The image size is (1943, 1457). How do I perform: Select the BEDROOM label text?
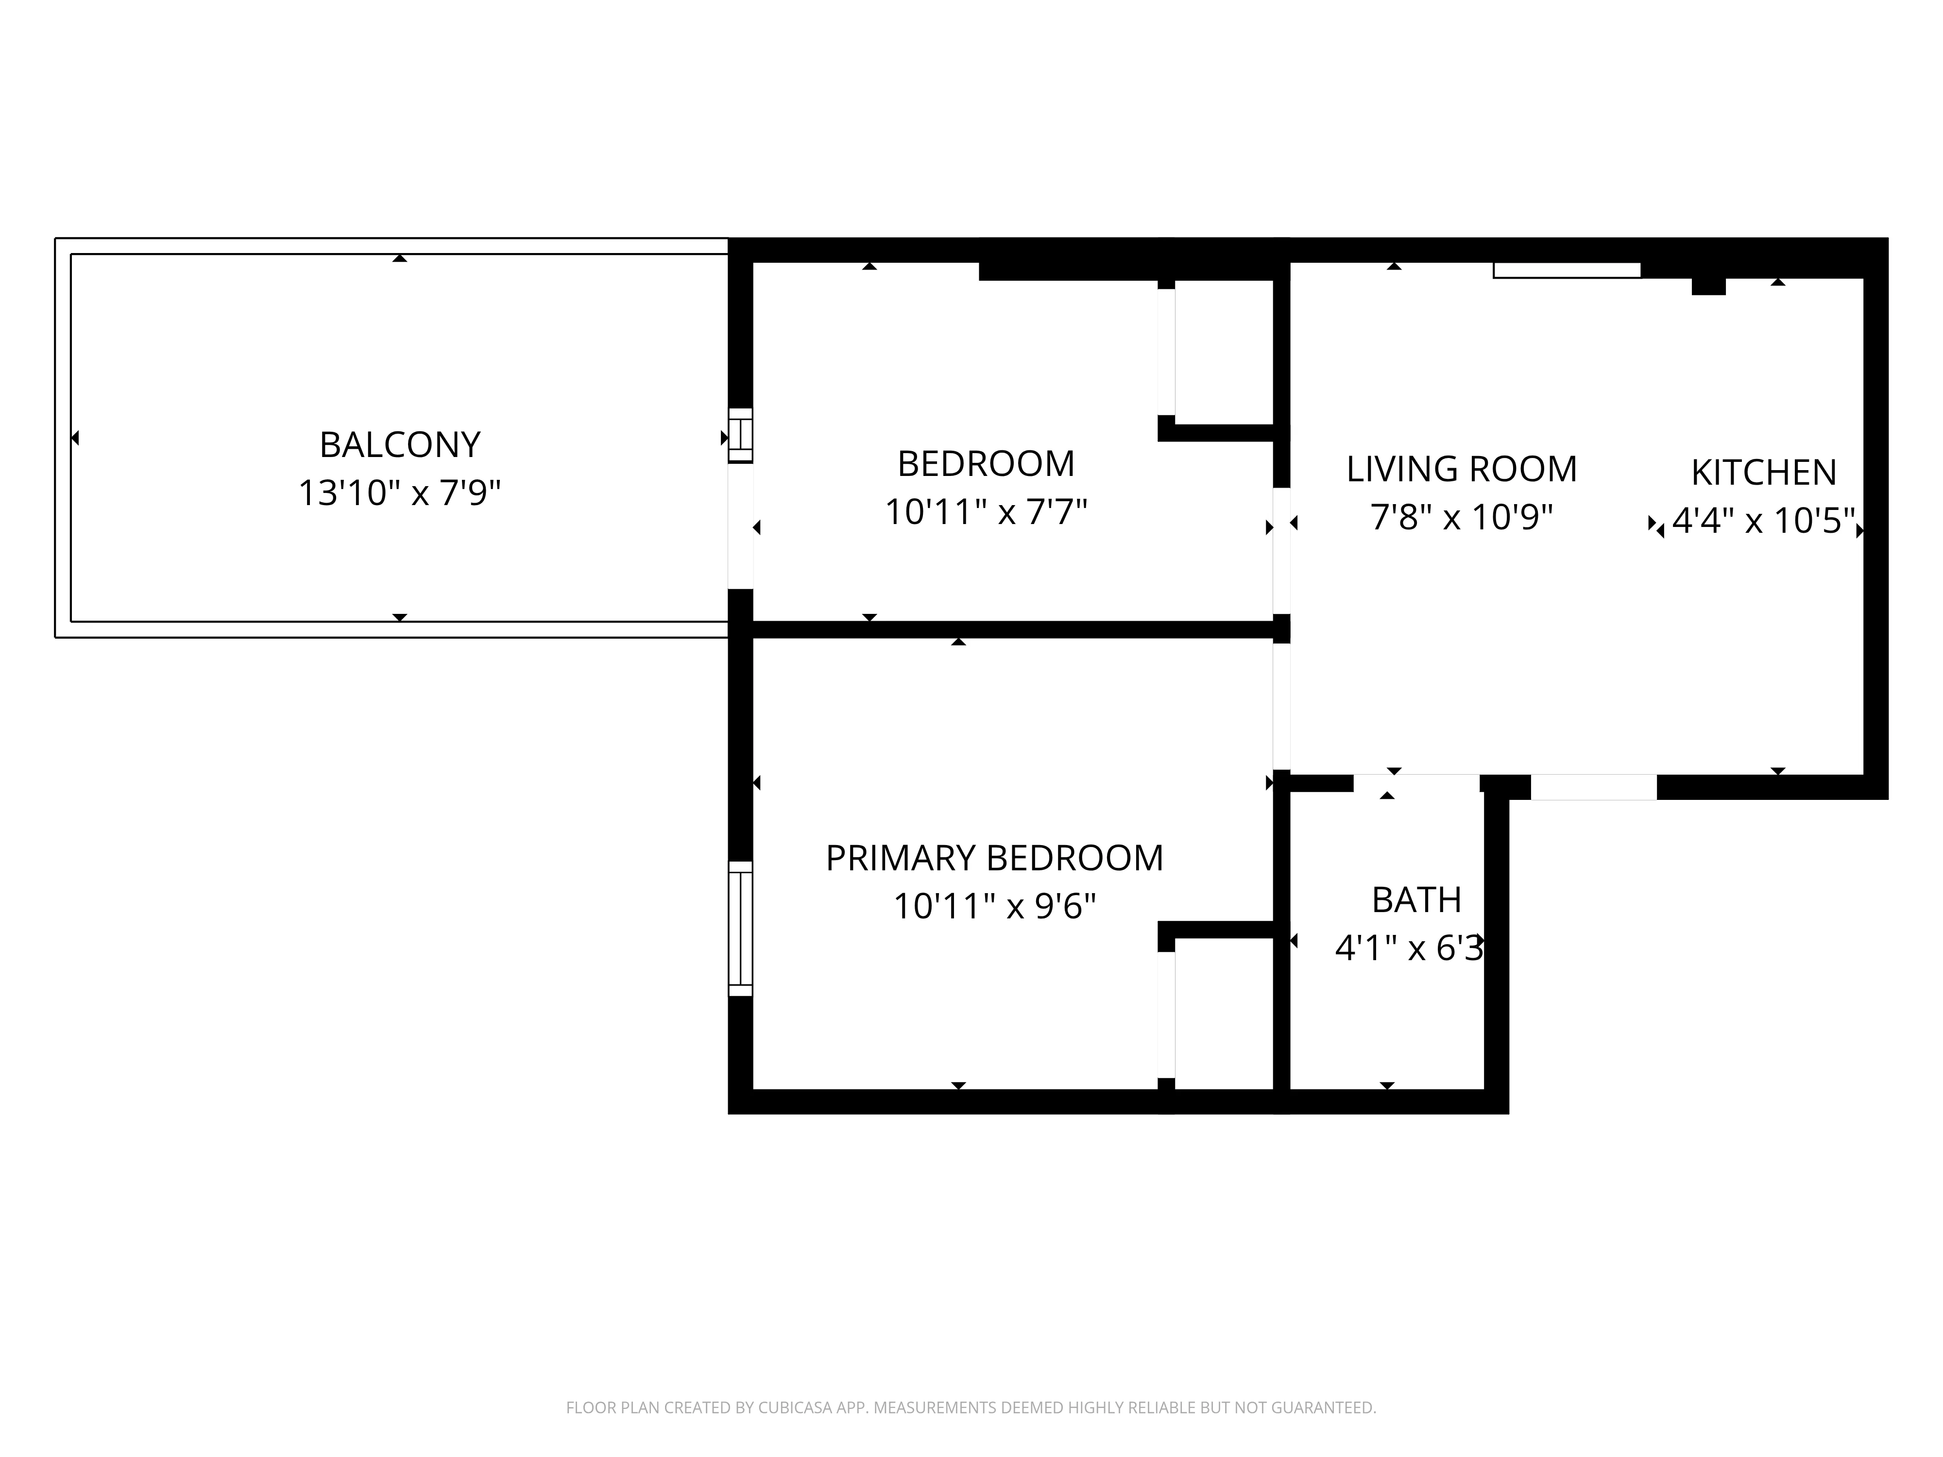click(986, 464)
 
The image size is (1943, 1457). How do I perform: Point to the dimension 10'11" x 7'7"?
click(986, 512)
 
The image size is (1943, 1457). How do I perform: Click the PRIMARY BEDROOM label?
click(994, 858)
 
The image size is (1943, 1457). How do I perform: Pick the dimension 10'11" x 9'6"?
click(994, 905)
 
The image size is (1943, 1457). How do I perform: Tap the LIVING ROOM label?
click(1462, 469)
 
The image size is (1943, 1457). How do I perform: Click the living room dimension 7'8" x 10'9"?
click(1462, 517)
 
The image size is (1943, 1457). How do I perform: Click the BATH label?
click(1416, 900)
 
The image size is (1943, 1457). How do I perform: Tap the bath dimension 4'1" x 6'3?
click(1409, 949)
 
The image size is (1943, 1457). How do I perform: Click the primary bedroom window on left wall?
click(740, 928)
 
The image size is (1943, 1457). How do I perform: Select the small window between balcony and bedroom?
click(740, 435)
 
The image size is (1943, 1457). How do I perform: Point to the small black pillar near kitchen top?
click(1708, 287)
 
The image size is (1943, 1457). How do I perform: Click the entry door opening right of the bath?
click(1593, 787)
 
